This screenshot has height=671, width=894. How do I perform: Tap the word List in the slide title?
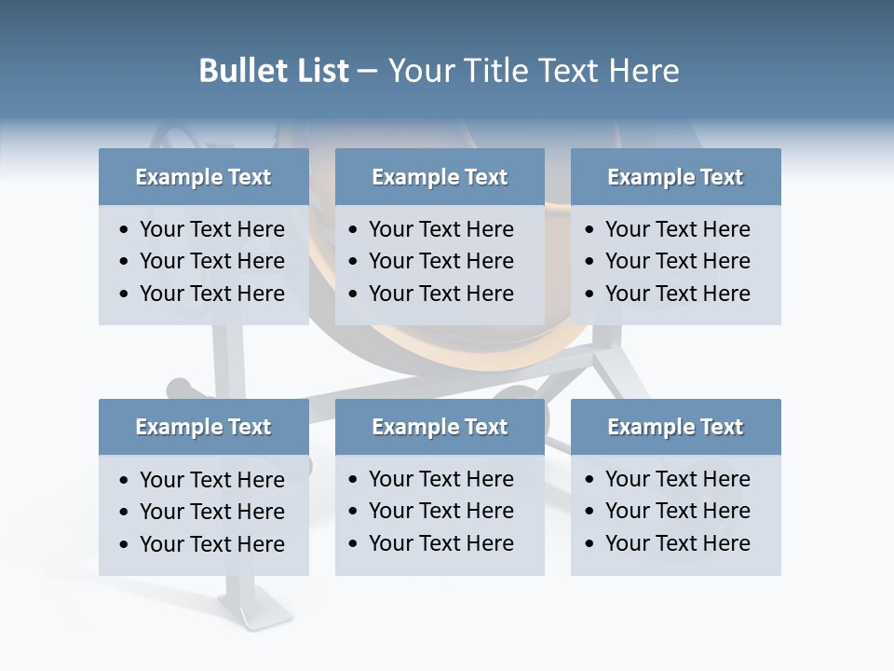click(320, 71)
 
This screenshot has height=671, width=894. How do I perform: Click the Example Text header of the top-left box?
click(203, 177)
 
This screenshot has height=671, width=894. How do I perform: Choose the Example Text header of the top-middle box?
click(440, 177)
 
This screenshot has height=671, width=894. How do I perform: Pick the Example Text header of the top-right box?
click(675, 177)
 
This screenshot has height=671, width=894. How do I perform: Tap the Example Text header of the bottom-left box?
click(203, 427)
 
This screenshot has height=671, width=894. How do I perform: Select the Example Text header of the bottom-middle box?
click(440, 427)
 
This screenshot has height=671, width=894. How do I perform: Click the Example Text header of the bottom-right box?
click(675, 427)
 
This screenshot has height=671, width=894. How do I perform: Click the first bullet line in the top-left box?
click(211, 229)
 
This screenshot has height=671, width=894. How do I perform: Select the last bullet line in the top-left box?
click(211, 294)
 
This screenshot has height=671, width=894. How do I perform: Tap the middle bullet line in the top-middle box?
click(440, 261)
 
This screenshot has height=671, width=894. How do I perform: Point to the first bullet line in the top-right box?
click(677, 229)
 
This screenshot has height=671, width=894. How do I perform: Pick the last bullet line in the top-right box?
click(677, 294)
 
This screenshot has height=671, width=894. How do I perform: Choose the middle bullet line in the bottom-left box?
click(211, 512)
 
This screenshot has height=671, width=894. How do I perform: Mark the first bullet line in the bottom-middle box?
click(440, 479)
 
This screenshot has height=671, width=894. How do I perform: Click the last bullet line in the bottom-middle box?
click(440, 543)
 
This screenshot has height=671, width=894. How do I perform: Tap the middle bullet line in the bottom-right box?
click(677, 511)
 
